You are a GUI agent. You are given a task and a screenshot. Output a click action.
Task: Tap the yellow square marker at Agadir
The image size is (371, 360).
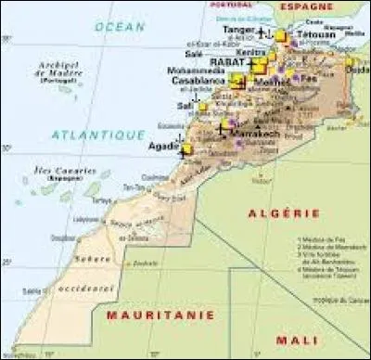click(x=187, y=148)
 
